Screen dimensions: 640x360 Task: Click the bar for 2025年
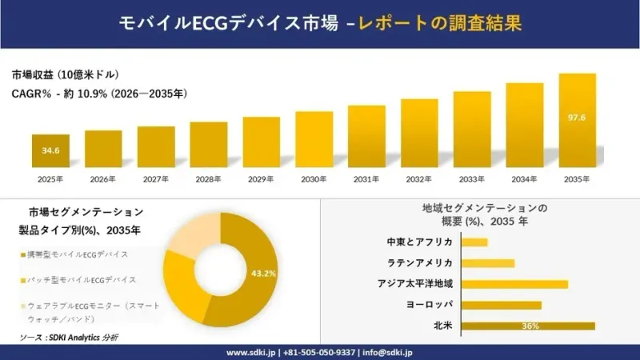pos(50,150)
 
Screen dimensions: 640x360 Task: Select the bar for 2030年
pos(314,139)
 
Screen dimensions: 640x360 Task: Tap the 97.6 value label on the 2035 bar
pos(577,118)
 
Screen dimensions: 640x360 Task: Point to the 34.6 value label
pos(50,150)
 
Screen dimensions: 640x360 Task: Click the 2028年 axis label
pos(208,179)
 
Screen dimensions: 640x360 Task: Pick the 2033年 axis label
pos(471,179)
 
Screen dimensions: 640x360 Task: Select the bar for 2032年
pos(419,133)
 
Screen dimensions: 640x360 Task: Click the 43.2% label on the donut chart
pos(263,274)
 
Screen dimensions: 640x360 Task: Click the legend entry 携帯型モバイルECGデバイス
pos(74,254)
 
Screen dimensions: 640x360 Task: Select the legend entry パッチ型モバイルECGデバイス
pos(78,280)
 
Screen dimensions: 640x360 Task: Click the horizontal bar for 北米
pos(528,326)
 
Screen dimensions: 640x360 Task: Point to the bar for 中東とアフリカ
pos(474,242)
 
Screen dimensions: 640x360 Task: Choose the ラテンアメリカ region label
pos(419,263)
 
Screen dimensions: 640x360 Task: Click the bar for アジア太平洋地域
pos(514,285)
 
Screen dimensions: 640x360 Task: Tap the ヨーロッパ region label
pos(430,305)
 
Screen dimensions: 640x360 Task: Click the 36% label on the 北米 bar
pos(530,326)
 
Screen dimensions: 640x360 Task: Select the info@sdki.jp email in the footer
pos(387,352)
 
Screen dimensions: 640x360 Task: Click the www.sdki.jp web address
pos(251,352)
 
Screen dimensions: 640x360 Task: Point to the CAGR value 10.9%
pos(92,94)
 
